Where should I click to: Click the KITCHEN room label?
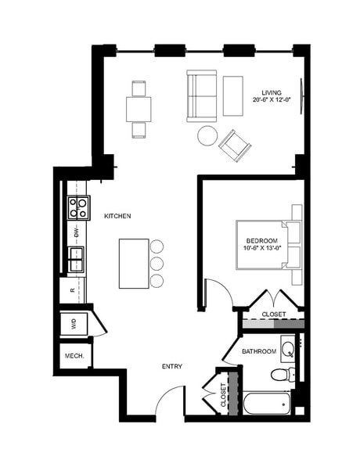[x=117, y=216]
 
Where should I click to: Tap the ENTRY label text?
[x=172, y=366]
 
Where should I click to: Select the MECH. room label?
[x=74, y=356]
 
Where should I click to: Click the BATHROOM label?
[x=259, y=351]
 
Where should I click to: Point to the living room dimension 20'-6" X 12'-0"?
[x=272, y=99]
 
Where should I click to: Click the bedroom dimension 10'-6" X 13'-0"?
[x=262, y=247]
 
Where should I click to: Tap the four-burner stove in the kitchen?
[x=78, y=208]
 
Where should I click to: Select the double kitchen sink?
[x=76, y=259]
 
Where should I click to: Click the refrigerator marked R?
[x=72, y=290]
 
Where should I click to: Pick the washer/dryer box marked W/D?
[x=74, y=324]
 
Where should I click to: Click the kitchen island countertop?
[x=134, y=264]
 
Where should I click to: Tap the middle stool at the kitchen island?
[x=157, y=264]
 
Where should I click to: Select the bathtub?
[x=267, y=403]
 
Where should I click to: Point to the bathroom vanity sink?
[x=287, y=349]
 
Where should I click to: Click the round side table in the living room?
[x=207, y=135]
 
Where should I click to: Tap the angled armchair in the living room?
[x=235, y=146]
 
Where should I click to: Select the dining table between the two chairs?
[x=139, y=110]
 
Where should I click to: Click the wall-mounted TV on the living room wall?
[x=301, y=96]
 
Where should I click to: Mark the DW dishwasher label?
[x=77, y=232]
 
